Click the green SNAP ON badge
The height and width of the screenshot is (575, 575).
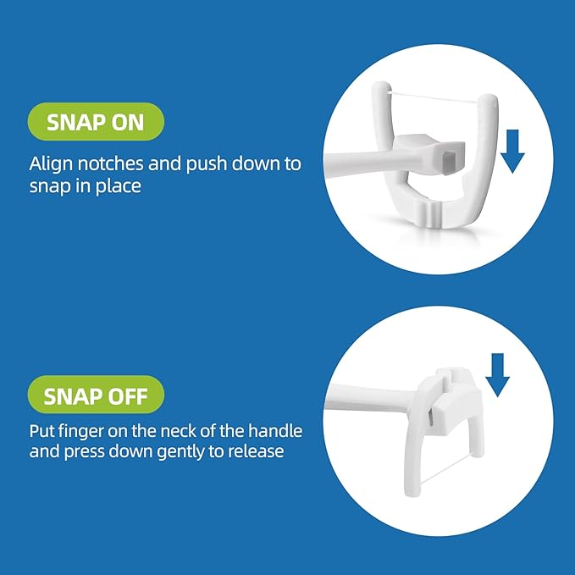click(x=96, y=122)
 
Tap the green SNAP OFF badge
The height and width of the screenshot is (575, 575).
click(x=96, y=395)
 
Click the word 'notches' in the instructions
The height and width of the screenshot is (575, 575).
click(x=110, y=163)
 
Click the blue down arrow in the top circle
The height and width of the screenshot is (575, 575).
click(x=512, y=151)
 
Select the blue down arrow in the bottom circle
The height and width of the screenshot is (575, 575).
click(x=497, y=375)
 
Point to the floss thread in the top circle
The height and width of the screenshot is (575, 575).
click(x=434, y=97)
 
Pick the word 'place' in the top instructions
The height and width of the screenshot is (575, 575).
click(x=118, y=186)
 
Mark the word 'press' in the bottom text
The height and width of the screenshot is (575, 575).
click(x=85, y=452)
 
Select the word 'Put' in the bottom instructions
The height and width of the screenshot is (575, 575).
click(x=40, y=432)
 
